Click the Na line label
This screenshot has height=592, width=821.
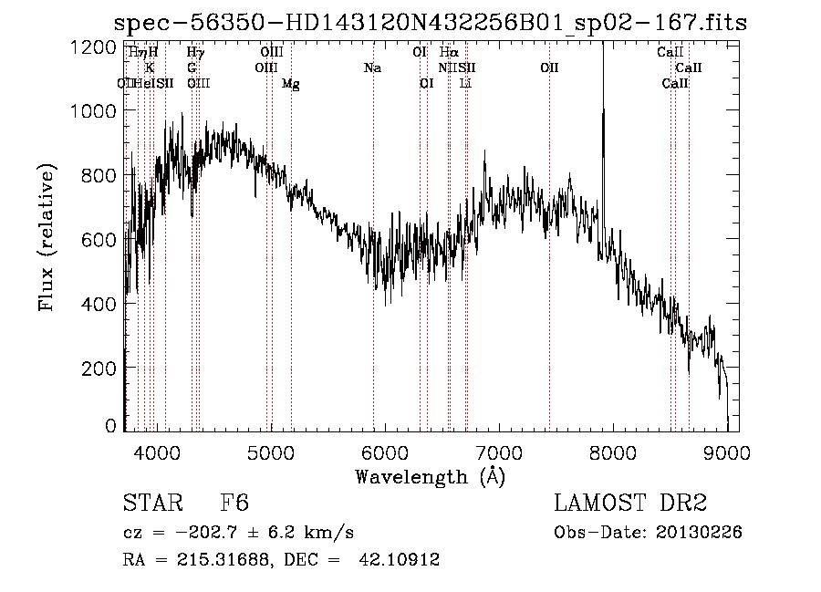[x=372, y=68]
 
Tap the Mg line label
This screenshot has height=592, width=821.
[x=291, y=84]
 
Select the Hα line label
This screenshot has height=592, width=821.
[x=448, y=53]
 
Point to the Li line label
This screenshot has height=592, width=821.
[x=465, y=84]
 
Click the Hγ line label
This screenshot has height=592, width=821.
[x=195, y=53]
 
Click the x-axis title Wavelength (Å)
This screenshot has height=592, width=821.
[x=430, y=476]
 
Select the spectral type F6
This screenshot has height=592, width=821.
[x=234, y=504]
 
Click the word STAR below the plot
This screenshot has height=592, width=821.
[x=150, y=504]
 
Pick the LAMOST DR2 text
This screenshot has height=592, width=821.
[x=630, y=504]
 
